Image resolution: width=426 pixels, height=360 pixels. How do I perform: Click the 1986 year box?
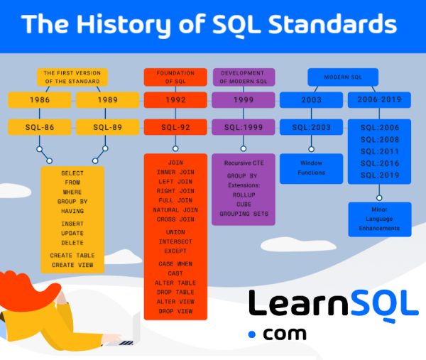(40, 100)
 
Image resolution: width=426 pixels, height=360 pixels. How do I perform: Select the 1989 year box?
(104, 100)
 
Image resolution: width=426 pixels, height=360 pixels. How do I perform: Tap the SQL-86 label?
(40, 128)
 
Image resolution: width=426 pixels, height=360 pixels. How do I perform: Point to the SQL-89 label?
(104, 128)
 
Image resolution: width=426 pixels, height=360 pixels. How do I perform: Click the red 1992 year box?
(175, 100)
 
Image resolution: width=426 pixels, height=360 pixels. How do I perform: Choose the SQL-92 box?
(175, 128)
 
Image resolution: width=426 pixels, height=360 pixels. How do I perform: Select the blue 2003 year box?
(311, 100)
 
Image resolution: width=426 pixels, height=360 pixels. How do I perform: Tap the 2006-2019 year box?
(379, 100)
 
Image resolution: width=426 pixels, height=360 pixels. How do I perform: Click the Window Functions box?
(311, 168)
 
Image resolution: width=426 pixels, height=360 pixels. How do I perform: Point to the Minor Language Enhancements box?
(379, 219)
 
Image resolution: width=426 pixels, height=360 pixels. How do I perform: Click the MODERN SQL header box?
(343, 76)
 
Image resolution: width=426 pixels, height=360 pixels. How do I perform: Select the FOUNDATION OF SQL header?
(175, 76)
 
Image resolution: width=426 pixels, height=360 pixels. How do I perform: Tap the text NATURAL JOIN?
(175, 211)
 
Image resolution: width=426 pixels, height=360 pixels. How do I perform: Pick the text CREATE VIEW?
(72, 265)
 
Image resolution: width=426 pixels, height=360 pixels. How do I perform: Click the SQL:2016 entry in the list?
(379, 163)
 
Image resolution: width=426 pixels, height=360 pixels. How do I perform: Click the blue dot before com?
(251, 334)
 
